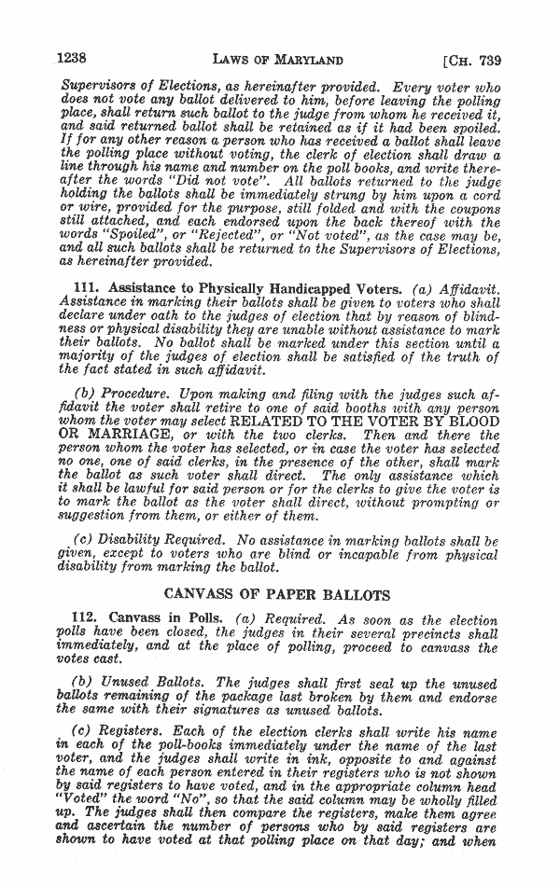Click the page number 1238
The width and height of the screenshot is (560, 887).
point(74,61)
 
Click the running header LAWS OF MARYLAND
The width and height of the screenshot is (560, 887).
point(278,62)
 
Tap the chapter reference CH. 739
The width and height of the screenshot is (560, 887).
point(473,62)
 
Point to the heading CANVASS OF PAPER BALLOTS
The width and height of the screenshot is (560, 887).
point(278,593)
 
